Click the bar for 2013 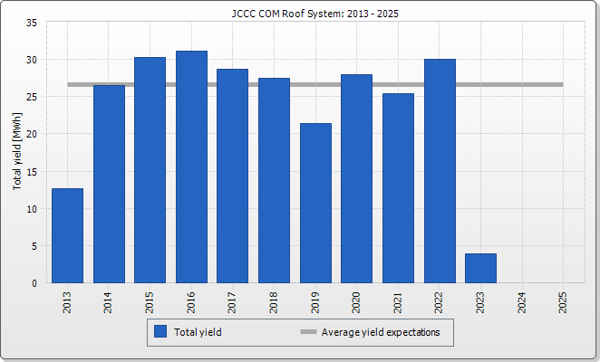(67, 235)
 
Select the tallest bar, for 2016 (191, 167)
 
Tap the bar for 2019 (315, 204)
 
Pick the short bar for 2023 (480, 268)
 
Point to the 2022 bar (440, 171)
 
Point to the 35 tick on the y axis (31, 23)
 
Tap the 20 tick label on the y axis (31, 134)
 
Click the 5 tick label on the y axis (34, 245)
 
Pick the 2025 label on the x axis (564, 302)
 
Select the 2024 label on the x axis (522, 302)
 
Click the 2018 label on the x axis (275, 302)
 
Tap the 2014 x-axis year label (109, 302)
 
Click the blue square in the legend (160, 332)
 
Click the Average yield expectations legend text (381, 332)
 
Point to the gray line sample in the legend (308, 332)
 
